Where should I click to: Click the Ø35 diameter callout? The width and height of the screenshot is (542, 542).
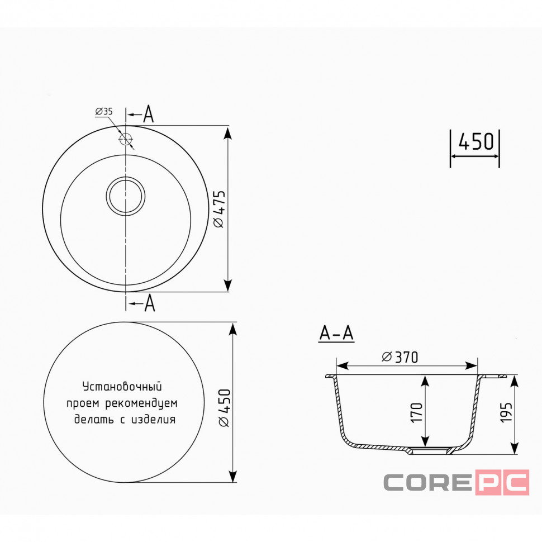coord(104,112)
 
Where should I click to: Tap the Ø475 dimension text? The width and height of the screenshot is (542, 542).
coord(220,209)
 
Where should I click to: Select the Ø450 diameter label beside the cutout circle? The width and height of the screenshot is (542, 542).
coord(225,407)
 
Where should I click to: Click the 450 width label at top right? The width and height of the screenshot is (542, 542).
coord(476,142)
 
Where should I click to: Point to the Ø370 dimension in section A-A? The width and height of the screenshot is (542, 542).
coord(400,357)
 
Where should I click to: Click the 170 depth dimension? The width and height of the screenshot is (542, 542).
coord(417,412)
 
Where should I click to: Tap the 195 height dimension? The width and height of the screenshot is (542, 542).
coord(506,412)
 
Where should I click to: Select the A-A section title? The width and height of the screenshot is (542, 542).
coord(336,333)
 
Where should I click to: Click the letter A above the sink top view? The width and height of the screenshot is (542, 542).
coord(148,114)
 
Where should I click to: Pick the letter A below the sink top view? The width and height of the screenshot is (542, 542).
coord(149,303)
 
